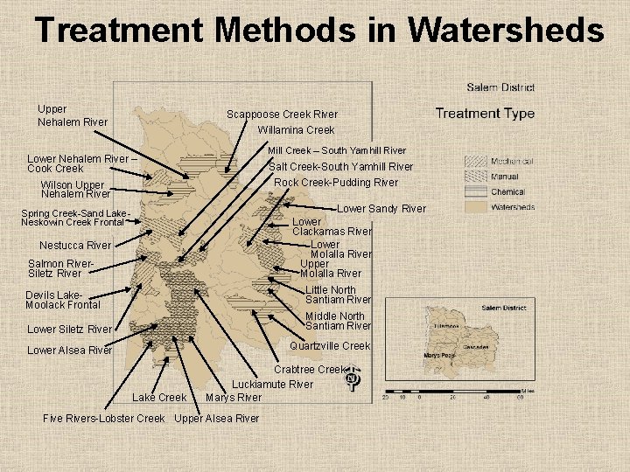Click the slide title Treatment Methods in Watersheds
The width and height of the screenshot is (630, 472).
[x=319, y=31]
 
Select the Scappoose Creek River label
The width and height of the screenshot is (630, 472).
[x=282, y=115]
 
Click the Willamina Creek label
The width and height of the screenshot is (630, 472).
[x=296, y=130]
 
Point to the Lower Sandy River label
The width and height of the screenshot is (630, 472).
[x=381, y=209]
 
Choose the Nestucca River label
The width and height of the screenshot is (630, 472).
[x=75, y=246]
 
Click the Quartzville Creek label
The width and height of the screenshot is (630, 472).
[x=330, y=346]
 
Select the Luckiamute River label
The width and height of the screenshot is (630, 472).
[x=272, y=385]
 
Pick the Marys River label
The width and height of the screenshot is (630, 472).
[x=233, y=398]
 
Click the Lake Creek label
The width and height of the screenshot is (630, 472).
[x=159, y=398]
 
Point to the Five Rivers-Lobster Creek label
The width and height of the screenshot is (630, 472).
[x=103, y=418]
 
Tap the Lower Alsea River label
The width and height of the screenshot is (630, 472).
[x=70, y=351]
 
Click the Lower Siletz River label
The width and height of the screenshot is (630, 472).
[x=70, y=330]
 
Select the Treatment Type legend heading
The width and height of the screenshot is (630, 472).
[x=485, y=113]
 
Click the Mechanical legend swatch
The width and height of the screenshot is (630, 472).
[x=476, y=162]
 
